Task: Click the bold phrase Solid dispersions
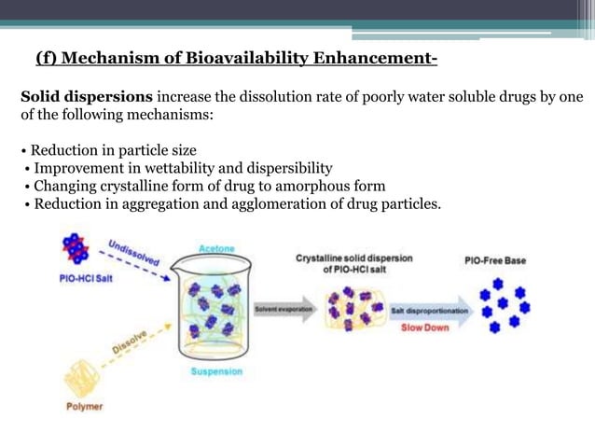pos(88,96)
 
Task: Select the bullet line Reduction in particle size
pos(115,150)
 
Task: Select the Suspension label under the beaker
pos(215,371)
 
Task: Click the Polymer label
pos(85,407)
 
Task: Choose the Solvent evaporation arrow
pos(284,309)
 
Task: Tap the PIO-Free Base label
pos(494,260)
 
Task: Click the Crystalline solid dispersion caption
pos(353,263)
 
